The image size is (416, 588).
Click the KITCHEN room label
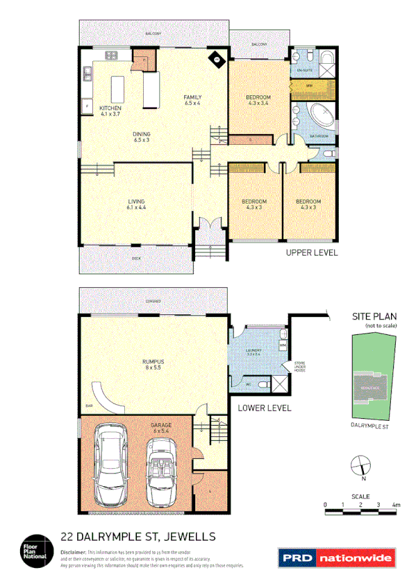point(110,109)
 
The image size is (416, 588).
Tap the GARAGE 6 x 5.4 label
point(160,427)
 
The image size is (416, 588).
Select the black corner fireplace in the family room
point(217,60)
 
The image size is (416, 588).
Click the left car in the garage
point(111,465)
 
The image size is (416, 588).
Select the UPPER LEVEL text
point(312,254)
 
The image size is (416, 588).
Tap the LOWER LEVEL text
point(264,408)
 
